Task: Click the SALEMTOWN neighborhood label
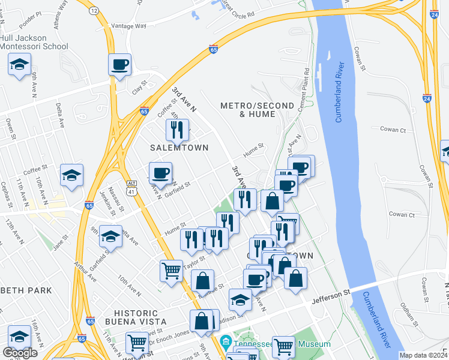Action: [x=179, y=148]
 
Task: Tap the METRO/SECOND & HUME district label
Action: [x=249, y=109]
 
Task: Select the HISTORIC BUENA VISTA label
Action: [x=127, y=318]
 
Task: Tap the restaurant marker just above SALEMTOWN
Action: [x=177, y=129]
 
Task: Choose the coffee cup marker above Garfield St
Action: [x=160, y=173]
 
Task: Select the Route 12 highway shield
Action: [x=94, y=11]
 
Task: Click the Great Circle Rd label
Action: [x=238, y=9]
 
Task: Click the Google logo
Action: [x=20, y=353]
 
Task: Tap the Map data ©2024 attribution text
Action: [x=423, y=355]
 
